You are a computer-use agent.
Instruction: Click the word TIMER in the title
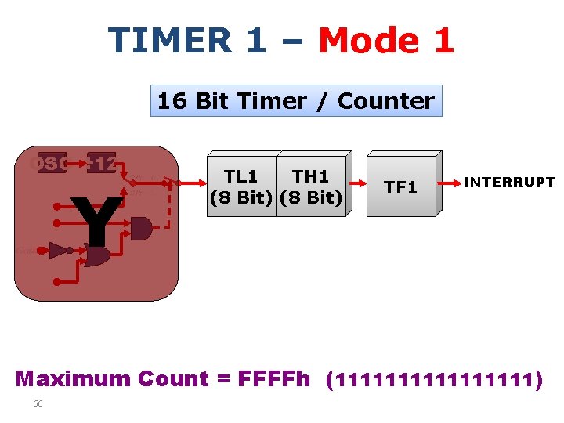(x=169, y=40)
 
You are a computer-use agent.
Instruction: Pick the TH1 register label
(x=310, y=178)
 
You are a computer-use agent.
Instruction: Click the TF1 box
(x=400, y=187)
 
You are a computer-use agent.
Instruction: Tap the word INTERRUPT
(x=509, y=183)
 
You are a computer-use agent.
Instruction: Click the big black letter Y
(x=96, y=221)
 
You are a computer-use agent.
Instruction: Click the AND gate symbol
(x=141, y=229)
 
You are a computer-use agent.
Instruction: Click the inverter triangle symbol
(x=59, y=251)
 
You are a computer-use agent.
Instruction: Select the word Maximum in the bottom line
(x=73, y=379)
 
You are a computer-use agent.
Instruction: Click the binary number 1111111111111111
(x=436, y=381)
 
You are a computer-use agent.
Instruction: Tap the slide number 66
(x=38, y=403)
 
